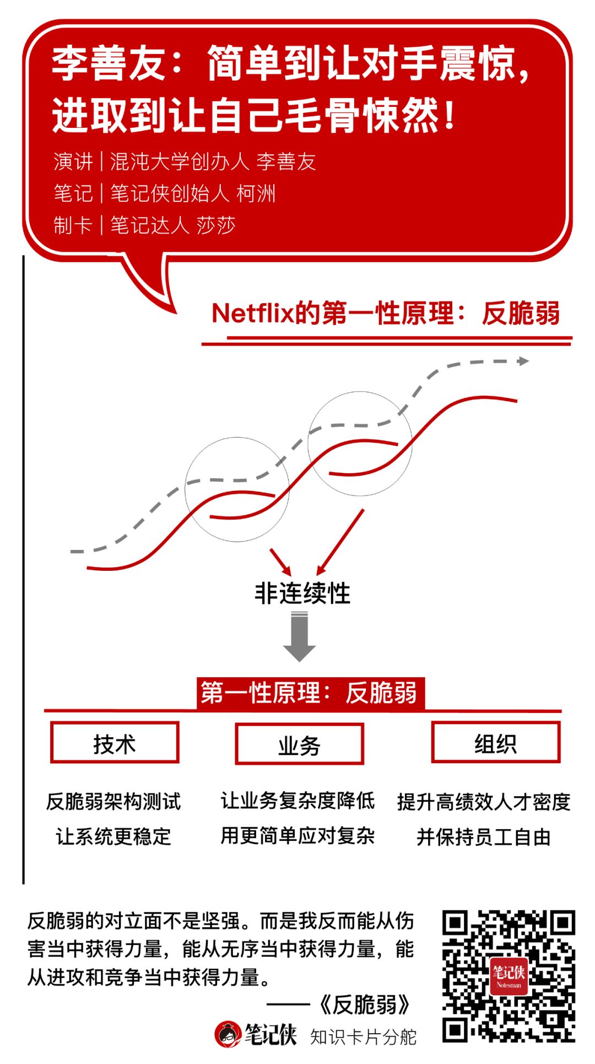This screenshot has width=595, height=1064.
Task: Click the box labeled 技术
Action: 115,743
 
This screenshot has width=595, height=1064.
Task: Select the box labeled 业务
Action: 299,744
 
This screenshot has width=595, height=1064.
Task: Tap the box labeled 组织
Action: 495,743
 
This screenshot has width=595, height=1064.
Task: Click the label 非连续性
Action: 302,593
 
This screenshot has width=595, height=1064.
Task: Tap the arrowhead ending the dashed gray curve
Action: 523,361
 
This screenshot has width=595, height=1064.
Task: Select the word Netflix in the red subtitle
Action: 253,313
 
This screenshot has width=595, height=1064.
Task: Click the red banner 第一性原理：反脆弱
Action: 310,693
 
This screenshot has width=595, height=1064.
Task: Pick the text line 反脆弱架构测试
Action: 113,801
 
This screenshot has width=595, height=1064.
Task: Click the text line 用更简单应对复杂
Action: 297,835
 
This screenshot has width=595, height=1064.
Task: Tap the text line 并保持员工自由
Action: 484,836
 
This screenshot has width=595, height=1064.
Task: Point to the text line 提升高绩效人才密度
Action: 484,802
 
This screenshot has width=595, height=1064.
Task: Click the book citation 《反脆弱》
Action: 365,1004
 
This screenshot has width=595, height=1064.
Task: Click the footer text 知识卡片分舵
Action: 363,1036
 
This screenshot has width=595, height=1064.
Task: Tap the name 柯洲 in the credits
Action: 256,193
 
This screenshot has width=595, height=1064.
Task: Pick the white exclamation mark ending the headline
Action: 450,115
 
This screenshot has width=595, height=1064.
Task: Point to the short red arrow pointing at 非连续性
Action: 280,561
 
